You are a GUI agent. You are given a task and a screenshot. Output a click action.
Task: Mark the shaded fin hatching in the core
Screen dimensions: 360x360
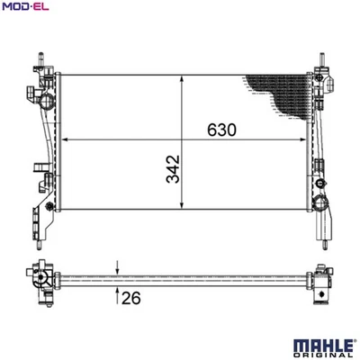(279, 94)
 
